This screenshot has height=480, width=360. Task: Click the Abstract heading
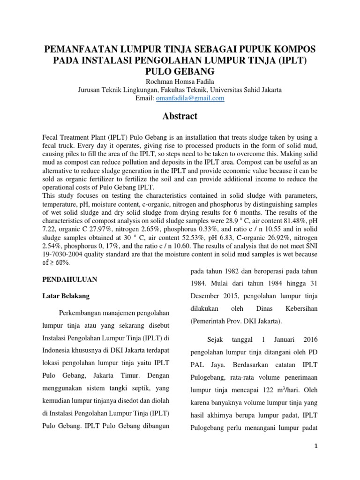(x=180, y=116)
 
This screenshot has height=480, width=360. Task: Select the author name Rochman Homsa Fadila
(x=180, y=81)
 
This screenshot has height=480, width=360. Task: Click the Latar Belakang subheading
(x=66, y=296)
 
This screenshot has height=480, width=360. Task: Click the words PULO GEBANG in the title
(x=180, y=71)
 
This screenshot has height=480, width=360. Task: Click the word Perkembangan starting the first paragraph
(x=84, y=313)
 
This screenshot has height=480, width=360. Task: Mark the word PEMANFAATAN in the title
(x=80, y=50)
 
